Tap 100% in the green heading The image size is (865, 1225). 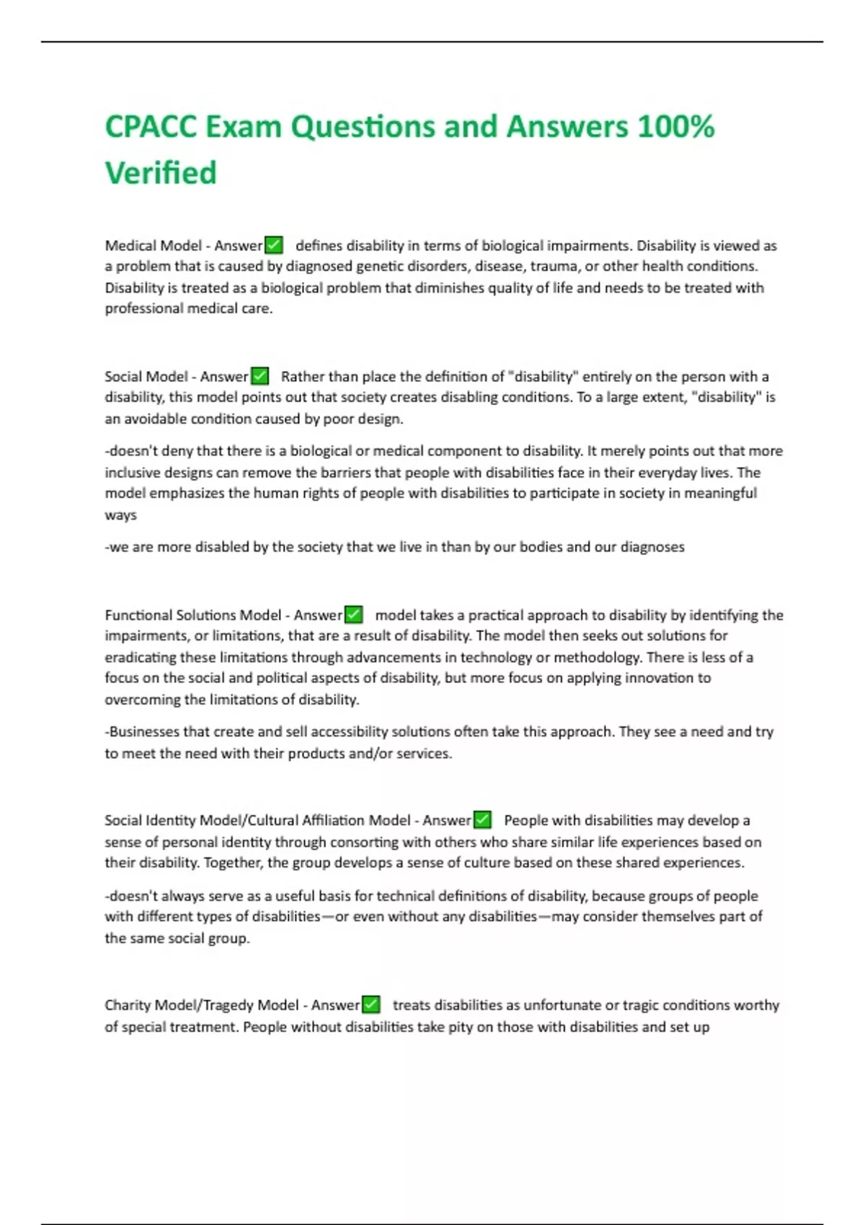pyautogui.click(x=676, y=127)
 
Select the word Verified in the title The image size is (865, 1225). pyautogui.click(x=161, y=173)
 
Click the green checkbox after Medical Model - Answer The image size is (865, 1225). pyautogui.click(x=274, y=246)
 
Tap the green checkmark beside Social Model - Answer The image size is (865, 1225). pyautogui.click(x=259, y=376)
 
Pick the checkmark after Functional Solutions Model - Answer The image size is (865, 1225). pyautogui.click(x=353, y=615)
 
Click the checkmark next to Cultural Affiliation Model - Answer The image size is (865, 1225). pyautogui.click(x=482, y=820)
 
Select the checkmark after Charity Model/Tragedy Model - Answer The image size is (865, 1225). pyautogui.click(x=371, y=1004)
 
